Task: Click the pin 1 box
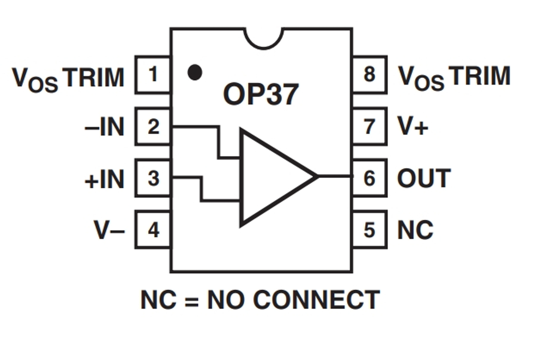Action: coord(153,74)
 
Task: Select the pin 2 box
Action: coord(153,127)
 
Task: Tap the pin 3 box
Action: coord(153,178)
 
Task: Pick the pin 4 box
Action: coord(153,230)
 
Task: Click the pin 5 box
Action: coord(370,230)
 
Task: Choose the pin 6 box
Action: coord(370,178)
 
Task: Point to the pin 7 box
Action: coord(370,127)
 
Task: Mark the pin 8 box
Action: coord(370,74)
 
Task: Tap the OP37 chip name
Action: coord(261,94)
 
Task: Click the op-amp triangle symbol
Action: coord(272,177)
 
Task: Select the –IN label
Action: coord(105,127)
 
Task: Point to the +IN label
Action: coord(105,179)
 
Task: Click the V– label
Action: coord(109,230)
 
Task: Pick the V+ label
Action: coord(413,127)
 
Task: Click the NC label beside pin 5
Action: coord(415,230)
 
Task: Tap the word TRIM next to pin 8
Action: coord(477,76)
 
